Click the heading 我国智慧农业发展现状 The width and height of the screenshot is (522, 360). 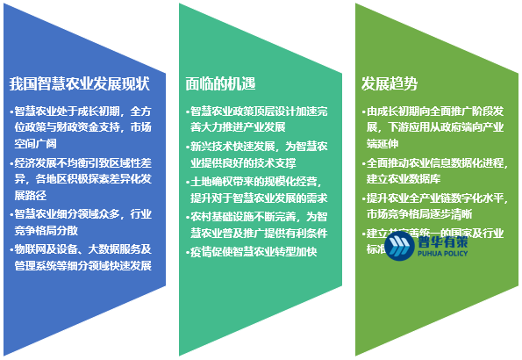80,85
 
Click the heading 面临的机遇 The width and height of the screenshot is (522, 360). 220,84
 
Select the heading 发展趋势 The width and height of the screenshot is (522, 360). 390,84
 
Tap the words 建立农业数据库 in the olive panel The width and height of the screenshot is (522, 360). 404,179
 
